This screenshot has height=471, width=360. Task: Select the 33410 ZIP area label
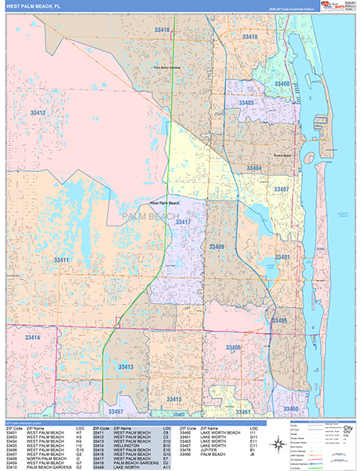click(249, 37)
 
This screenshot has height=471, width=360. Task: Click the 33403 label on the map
click(245, 103)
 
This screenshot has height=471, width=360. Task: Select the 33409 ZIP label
click(216, 246)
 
